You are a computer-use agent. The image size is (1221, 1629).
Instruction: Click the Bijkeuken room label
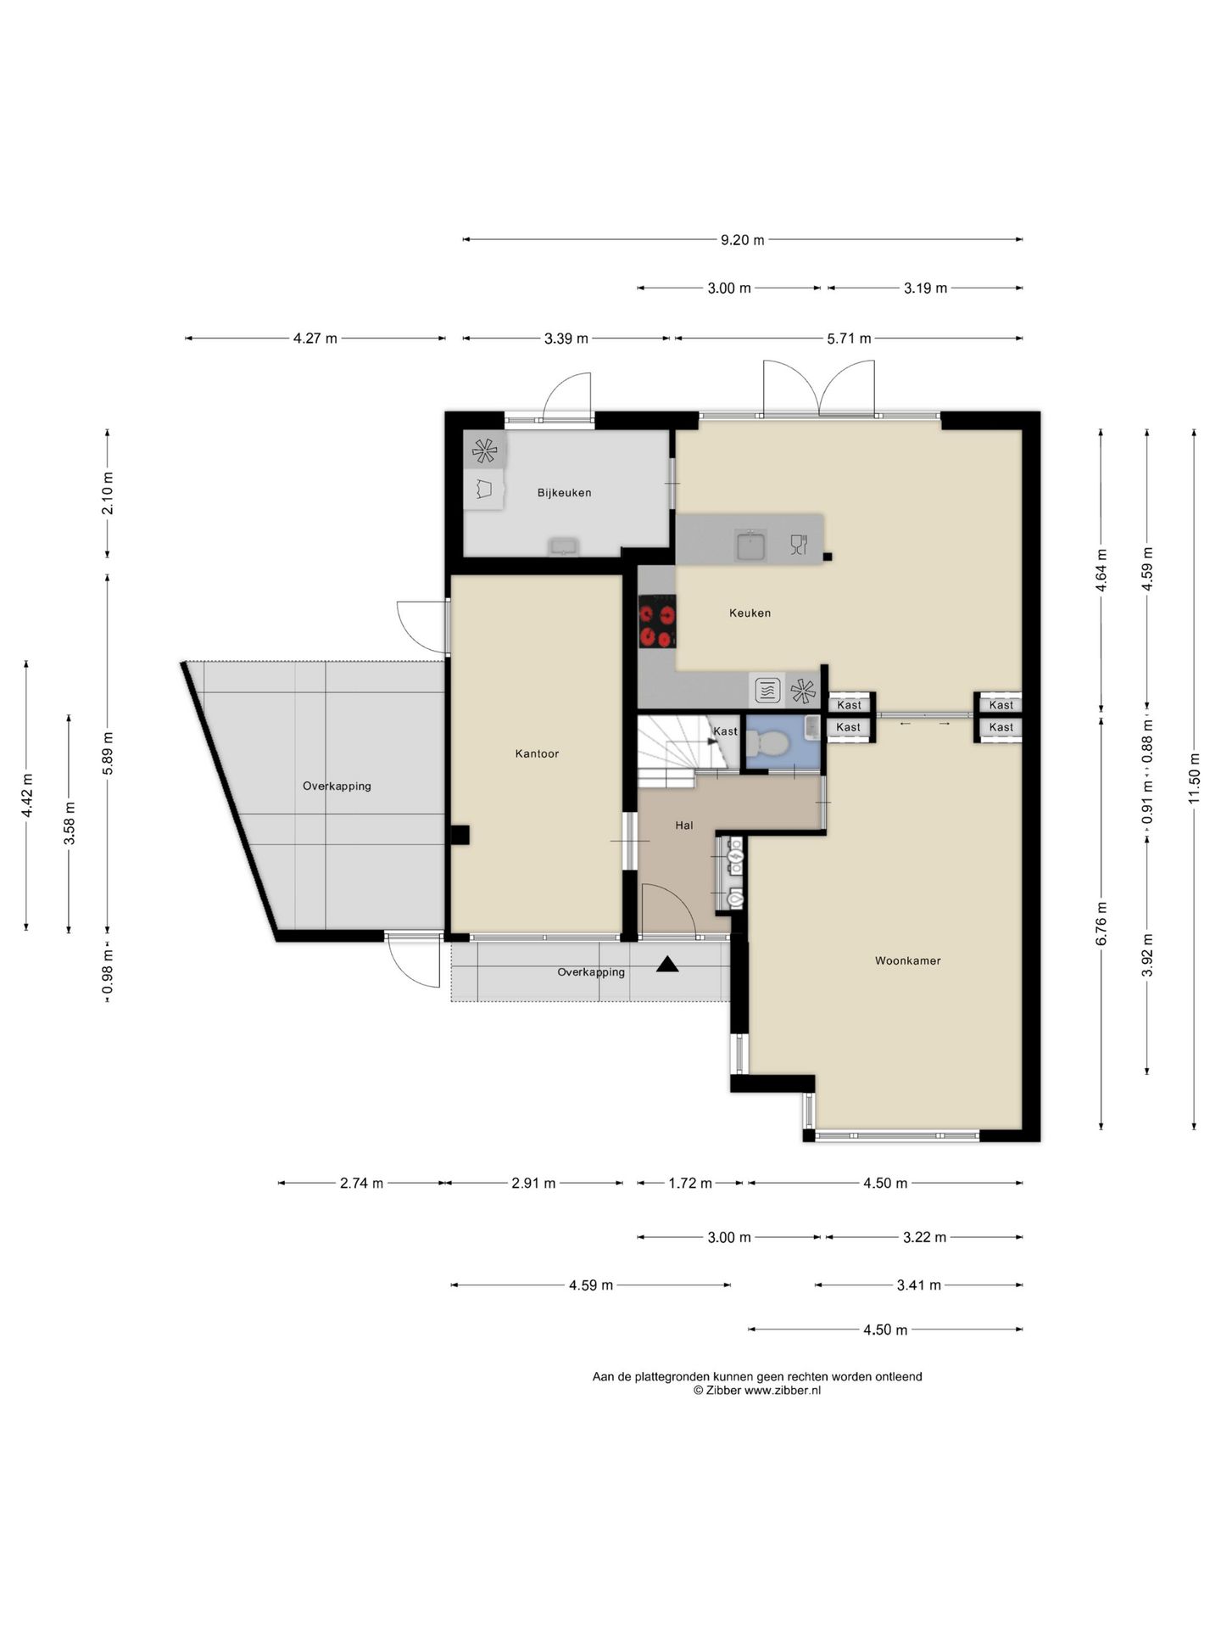coord(564,493)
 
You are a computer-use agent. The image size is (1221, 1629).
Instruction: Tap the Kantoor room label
coord(537,753)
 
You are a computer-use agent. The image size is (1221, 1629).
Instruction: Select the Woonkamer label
coord(907,960)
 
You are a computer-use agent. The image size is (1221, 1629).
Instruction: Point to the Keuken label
coord(750,613)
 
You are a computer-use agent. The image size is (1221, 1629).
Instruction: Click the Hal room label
coord(683,825)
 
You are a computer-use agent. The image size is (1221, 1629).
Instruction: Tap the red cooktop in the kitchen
coord(657,622)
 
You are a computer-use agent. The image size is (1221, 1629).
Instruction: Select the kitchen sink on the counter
coord(750,545)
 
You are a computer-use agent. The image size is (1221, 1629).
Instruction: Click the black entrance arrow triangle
coord(667,964)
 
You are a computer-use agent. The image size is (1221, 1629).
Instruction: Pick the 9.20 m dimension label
coord(742,240)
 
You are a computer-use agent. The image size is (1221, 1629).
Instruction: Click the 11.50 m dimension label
coord(1194,778)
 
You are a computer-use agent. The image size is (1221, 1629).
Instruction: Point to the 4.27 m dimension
coord(315,339)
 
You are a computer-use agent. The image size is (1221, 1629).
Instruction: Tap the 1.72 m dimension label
coord(690,1183)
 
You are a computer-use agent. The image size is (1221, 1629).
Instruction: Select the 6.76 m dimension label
coord(1101,923)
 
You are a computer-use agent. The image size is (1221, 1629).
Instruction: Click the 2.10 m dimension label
coord(107,493)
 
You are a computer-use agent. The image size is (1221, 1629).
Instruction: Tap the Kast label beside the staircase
coord(725,731)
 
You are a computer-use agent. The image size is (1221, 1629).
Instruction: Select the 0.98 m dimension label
coord(107,972)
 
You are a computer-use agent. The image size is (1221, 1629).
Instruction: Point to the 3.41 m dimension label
coord(919,1285)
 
